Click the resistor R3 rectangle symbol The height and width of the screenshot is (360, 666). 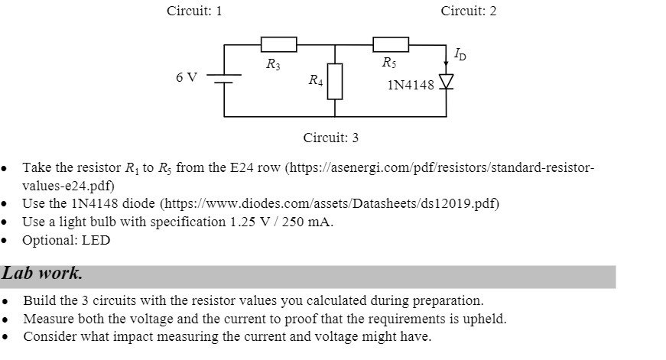click(278, 45)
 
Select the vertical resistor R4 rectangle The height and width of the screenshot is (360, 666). click(335, 82)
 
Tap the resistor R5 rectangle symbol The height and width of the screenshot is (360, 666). click(390, 45)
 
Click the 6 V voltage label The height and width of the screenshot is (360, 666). click(186, 78)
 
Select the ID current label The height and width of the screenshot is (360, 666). click(459, 54)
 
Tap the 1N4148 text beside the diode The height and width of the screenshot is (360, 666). click(411, 85)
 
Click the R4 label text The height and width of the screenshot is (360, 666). click(315, 79)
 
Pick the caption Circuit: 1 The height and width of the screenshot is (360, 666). click(194, 11)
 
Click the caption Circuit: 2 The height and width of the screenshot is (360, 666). click(468, 11)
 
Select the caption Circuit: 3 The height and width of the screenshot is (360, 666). click(330, 138)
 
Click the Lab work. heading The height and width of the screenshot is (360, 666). click(42, 274)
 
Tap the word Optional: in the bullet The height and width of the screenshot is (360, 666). click(47, 240)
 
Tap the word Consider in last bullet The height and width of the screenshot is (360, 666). click(49, 336)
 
